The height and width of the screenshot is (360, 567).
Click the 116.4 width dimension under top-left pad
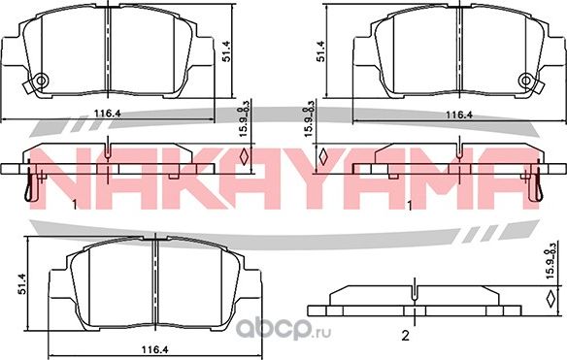pyautogui.click(x=106, y=115)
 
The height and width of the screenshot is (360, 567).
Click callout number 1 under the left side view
pyautogui.click(x=75, y=205)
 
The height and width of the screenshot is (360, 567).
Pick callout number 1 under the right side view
pyautogui.click(x=411, y=205)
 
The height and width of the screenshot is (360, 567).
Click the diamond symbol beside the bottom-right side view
pyautogui.click(x=553, y=299)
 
